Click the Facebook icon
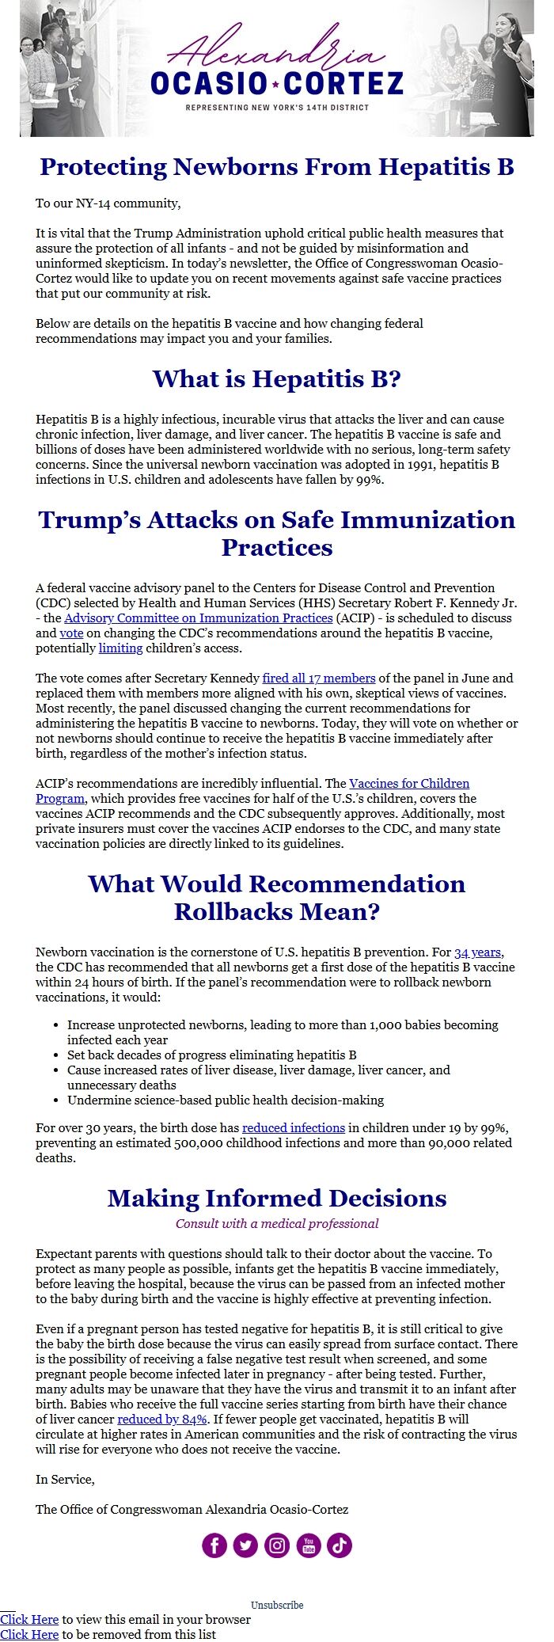pos(214,1545)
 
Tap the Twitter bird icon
pos(245,1545)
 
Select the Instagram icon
pos(277,1545)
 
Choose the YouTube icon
pos(309,1545)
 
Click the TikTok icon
pos(340,1545)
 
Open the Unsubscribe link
pos(277,1605)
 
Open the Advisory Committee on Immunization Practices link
pos(198,618)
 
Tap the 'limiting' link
pos(120,648)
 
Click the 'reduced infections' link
pos(293,1127)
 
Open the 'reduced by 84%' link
pos(162,1419)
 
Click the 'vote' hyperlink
pos(71,633)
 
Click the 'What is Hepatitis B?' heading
pos(277,378)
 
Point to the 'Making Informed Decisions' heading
pos(277,1198)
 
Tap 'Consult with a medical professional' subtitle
pos(277,1223)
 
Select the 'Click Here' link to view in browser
pos(29,1619)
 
